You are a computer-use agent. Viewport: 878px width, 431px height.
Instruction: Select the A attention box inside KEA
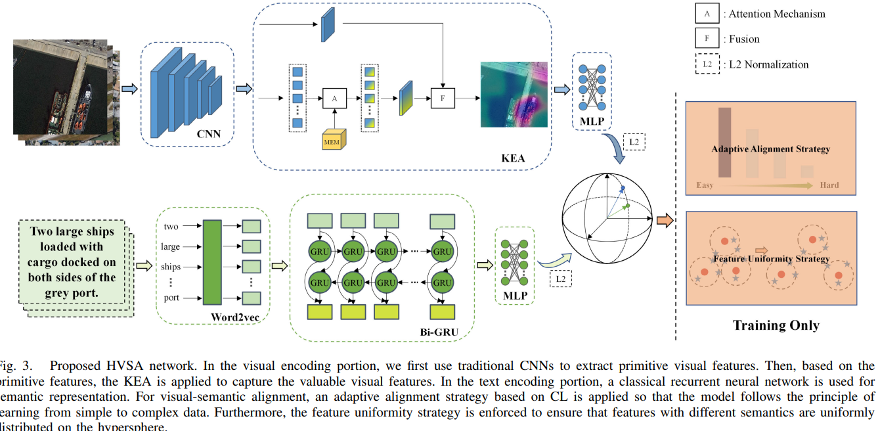point(334,98)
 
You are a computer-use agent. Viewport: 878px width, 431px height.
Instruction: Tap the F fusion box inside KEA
point(443,98)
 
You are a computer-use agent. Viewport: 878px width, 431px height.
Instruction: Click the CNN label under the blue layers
point(209,135)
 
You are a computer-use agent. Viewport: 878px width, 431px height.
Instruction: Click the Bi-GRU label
point(439,332)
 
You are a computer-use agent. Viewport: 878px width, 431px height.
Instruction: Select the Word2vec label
point(232,317)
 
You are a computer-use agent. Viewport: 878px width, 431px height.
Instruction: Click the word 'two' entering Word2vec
point(171,227)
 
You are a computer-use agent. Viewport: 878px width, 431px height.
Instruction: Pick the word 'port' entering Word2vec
point(171,298)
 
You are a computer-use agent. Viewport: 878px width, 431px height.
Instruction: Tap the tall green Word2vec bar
point(213,262)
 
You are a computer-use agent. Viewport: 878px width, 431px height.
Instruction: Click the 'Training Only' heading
point(776,325)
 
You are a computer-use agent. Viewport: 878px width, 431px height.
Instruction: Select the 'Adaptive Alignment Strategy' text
point(770,149)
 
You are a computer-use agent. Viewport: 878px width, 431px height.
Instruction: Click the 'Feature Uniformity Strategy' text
point(771,259)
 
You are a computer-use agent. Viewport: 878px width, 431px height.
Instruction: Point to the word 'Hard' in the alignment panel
point(829,185)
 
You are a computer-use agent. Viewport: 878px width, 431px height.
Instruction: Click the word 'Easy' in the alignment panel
point(705,185)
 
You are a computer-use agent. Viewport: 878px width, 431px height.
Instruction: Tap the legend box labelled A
point(707,13)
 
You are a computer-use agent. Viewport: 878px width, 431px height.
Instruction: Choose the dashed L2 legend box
point(707,64)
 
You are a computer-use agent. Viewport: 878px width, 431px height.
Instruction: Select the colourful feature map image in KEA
point(514,95)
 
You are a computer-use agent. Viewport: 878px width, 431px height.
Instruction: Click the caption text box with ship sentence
point(72,262)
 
